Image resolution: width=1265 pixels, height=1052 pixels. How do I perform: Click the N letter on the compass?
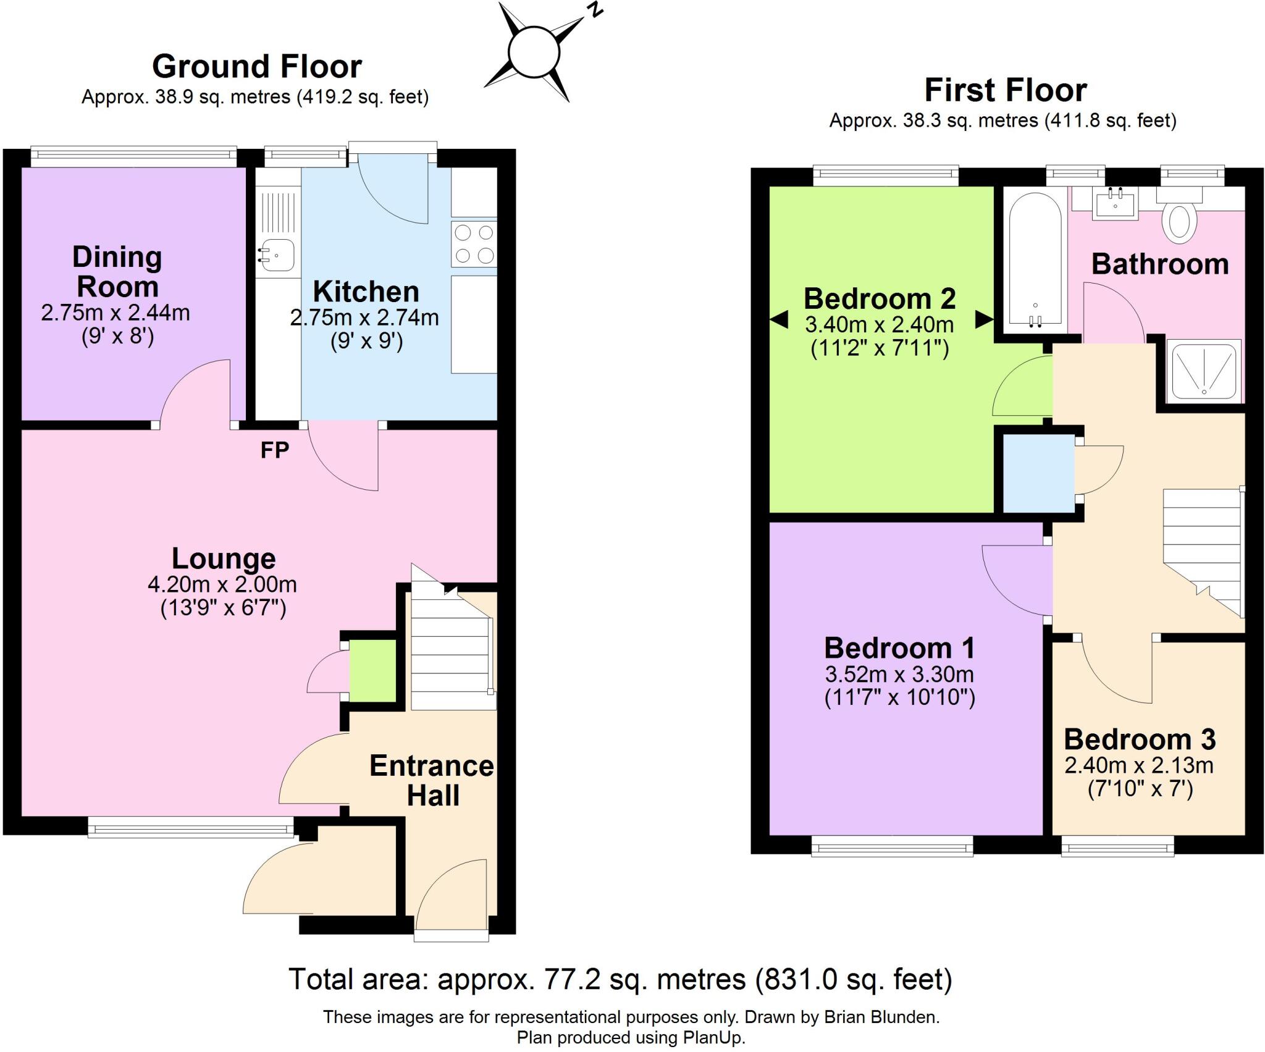click(595, 9)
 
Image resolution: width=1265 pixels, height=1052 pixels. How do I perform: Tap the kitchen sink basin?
click(277, 255)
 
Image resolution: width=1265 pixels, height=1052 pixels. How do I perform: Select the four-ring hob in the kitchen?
click(474, 244)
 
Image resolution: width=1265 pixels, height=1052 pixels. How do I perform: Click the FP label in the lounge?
click(274, 450)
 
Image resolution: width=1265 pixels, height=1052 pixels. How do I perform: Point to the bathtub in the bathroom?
click(1035, 259)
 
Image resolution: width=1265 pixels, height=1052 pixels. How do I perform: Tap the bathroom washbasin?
click(1115, 203)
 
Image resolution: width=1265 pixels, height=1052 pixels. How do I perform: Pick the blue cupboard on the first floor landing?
click(1038, 473)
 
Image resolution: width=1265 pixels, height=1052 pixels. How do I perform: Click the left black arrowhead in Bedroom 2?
click(779, 320)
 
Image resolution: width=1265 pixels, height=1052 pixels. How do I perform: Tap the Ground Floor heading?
click(256, 67)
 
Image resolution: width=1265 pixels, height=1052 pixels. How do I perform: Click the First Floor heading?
click(1005, 90)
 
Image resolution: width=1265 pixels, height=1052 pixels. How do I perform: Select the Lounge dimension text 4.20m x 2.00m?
click(222, 584)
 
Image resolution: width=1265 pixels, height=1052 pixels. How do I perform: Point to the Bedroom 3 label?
click(1140, 739)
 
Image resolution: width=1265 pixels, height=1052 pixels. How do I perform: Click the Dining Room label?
click(117, 272)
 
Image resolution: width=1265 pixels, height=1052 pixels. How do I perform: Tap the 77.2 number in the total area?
click(571, 979)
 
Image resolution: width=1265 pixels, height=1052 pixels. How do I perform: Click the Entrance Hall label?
click(432, 780)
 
